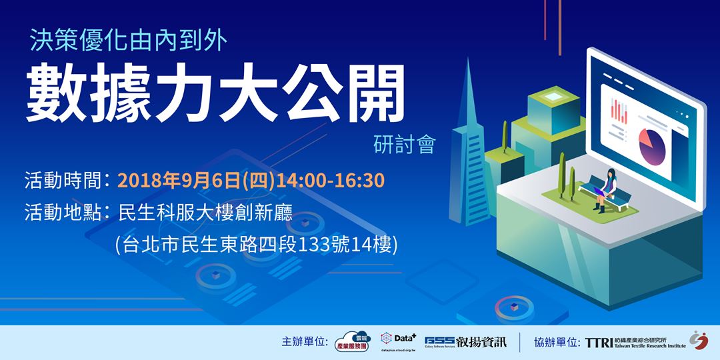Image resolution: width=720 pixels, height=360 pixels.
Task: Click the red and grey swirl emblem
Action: [x=699, y=341]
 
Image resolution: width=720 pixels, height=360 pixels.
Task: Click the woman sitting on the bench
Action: [x=607, y=189]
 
